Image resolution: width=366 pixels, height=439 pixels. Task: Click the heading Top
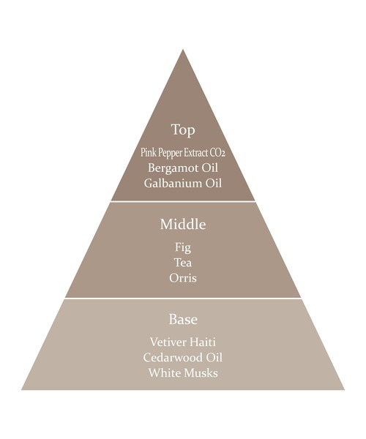pos(183,130)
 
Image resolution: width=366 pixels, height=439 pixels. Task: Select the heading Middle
pos(183,225)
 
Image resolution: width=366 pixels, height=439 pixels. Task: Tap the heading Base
pos(183,319)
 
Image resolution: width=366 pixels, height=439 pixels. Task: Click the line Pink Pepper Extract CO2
pos(183,153)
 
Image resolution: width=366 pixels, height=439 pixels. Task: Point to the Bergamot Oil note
pos(183,168)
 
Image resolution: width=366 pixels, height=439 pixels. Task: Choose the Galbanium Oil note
pos(183,184)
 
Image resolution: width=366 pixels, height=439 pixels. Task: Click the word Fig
pos(183,248)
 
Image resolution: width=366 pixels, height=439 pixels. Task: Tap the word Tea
pos(183,263)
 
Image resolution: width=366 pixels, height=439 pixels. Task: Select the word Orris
pos(183,278)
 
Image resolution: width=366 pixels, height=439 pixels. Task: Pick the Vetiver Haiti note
pos(183,342)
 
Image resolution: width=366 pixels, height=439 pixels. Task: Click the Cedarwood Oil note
pos(183,358)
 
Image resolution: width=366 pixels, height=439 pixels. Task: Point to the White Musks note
pos(183,373)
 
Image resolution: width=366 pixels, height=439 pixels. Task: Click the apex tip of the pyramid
pos(183,50)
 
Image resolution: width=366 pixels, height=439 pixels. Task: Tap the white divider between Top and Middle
pos(183,201)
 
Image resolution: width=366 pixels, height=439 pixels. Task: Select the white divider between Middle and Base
pos(183,299)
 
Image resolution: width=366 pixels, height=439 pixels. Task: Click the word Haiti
pos(203,342)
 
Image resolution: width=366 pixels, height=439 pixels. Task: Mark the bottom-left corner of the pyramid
pos(21,389)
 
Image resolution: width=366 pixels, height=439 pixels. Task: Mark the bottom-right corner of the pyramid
pos(345,389)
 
